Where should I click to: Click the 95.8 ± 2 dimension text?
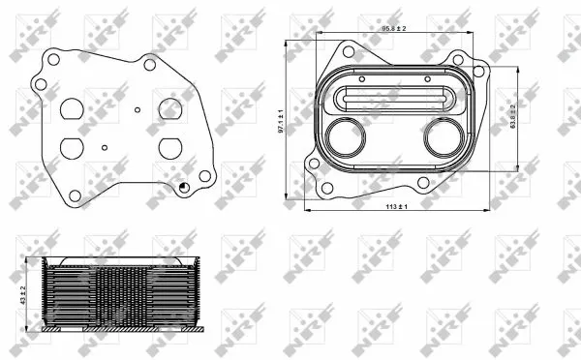(x=391, y=29)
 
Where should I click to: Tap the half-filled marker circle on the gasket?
(x=183, y=187)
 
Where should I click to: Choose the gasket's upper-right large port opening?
(x=171, y=106)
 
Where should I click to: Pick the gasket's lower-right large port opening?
(x=170, y=147)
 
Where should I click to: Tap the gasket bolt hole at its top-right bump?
(x=151, y=64)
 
